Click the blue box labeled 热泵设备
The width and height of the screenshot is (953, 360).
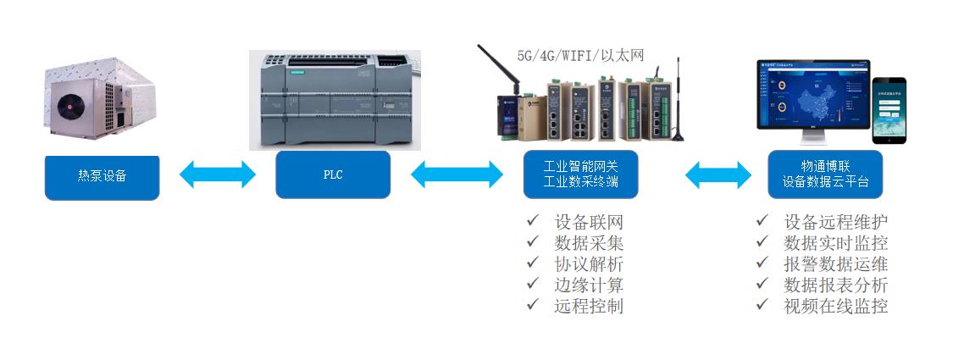(x=102, y=175)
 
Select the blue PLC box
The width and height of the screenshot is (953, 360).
(x=333, y=175)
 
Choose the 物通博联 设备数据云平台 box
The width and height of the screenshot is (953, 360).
(x=824, y=174)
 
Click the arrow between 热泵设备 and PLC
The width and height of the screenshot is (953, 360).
(x=218, y=174)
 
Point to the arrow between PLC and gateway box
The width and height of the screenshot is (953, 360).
(x=457, y=174)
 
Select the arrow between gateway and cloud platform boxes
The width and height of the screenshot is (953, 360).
(x=718, y=174)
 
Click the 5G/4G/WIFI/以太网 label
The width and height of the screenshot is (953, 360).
(x=581, y=55)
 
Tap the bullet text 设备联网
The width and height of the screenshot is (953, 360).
(x=589, y=223)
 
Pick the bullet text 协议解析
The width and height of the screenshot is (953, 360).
(x=589, y=264)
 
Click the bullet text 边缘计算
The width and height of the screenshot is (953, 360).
(x=589, y=285)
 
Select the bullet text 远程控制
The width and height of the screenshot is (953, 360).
(x=589, y=306)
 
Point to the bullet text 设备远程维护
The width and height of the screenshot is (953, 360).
(x=835, y=223)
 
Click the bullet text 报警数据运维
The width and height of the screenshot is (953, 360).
(x=835, y=264)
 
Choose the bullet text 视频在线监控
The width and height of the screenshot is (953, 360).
(x=835, y=306)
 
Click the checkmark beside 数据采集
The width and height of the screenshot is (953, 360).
(x=533, y=243)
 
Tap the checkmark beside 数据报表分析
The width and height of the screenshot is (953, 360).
(x=762, y=285)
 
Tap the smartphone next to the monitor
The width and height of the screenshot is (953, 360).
(x=889, y=111)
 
